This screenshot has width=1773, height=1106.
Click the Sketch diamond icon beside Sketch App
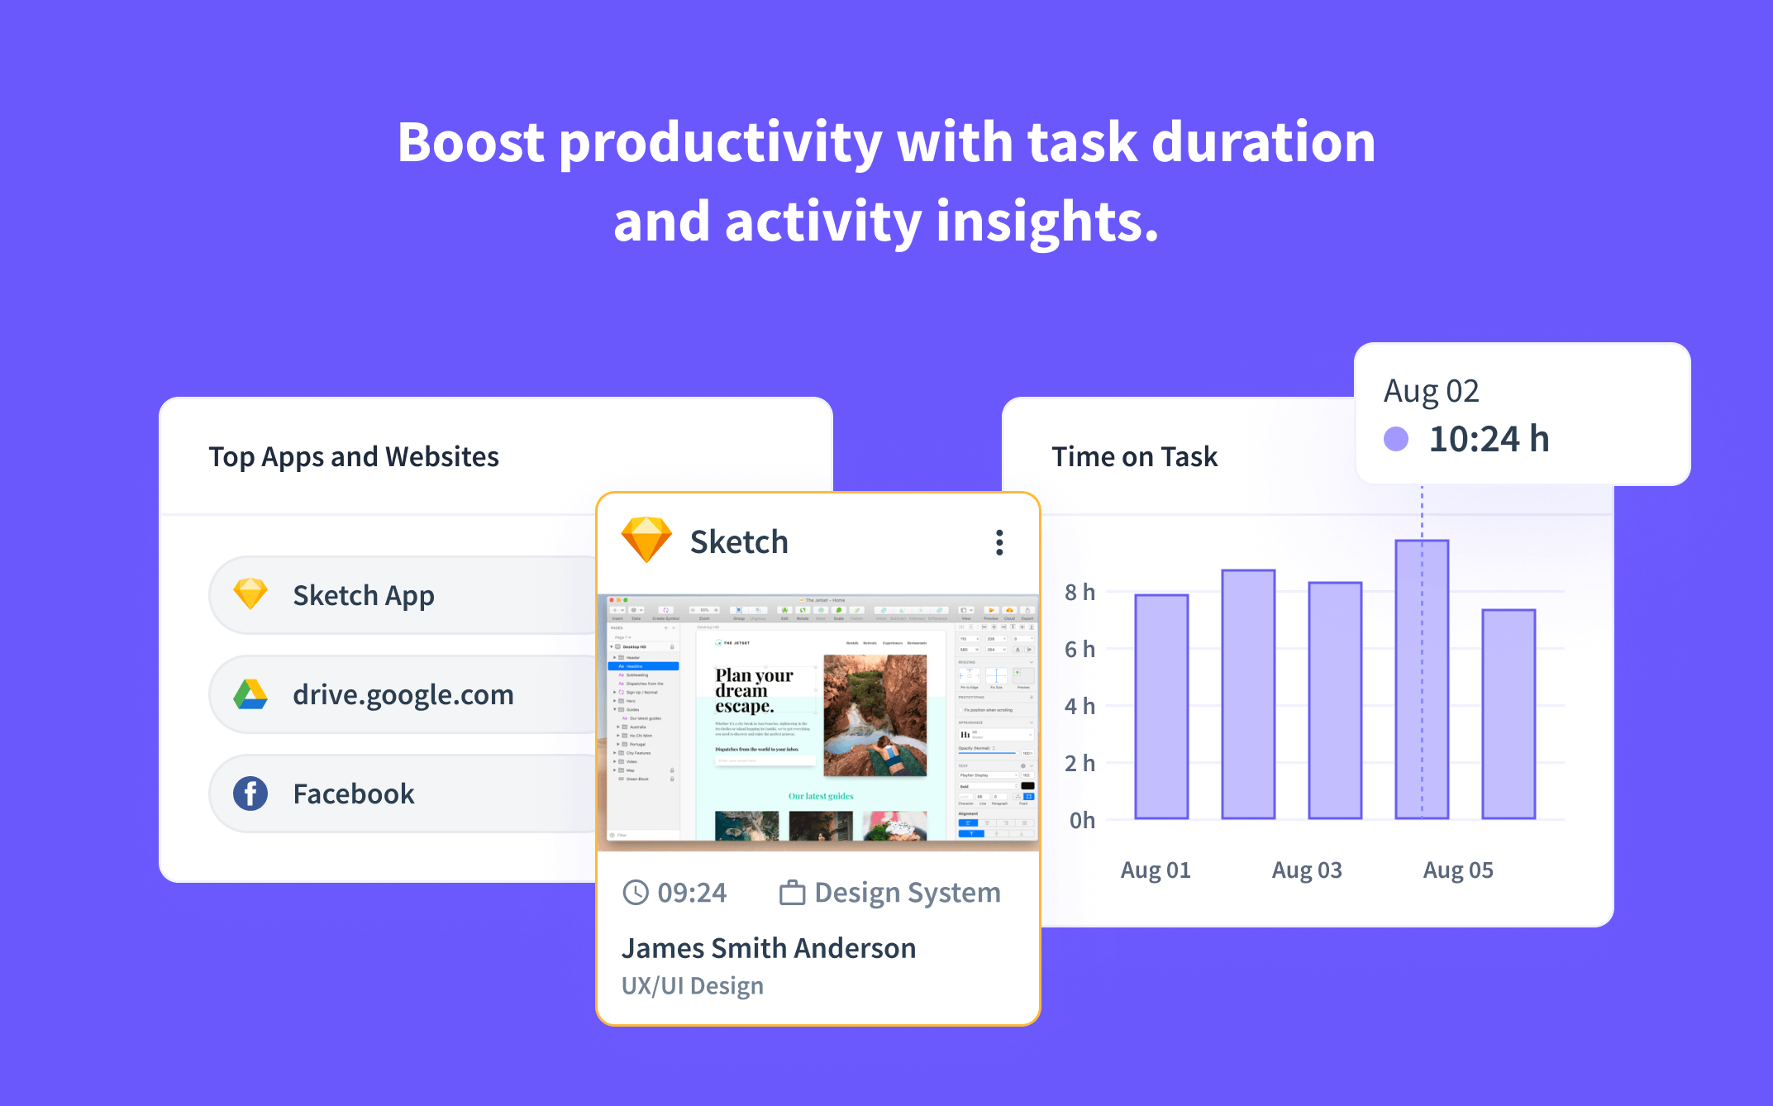pos(250,594)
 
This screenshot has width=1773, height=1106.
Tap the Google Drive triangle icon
pos(250,694)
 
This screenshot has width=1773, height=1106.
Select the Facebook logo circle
pos(250,794)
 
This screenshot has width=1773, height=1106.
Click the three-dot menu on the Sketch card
pos(999,542)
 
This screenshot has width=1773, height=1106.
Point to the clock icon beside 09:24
pos(636,893)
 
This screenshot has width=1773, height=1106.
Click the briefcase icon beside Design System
pos(792,893)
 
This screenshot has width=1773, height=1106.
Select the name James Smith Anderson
pos(768,948)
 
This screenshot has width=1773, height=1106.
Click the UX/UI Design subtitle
pos(692,986)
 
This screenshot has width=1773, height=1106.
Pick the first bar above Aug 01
pos(1161,707)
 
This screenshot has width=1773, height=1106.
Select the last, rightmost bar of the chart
pos(1508,714)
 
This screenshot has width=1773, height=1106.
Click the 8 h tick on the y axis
pos(1080,592)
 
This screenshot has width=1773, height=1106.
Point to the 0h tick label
pos(1081,820)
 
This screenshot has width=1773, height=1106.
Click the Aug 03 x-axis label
pos(1306,870)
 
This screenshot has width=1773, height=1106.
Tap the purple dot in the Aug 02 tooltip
pos(1396,439)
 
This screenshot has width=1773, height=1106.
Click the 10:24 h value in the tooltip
pos(1489,439)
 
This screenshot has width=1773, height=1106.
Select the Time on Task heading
pos(1134,456)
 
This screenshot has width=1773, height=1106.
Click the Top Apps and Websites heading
pos(354,456)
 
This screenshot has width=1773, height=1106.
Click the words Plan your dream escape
pos(753,690)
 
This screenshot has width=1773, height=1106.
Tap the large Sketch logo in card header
pos(646,540)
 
